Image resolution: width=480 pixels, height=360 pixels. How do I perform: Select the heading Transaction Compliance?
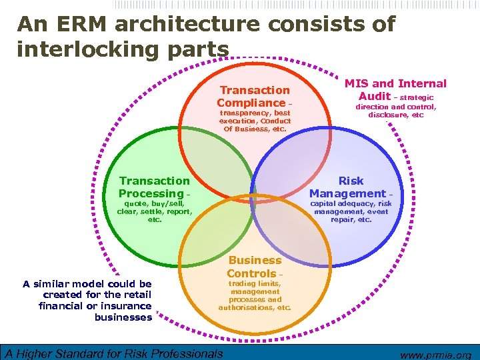[x=254, y=97]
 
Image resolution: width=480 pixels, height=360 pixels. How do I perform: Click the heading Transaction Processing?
[x=154, y=187]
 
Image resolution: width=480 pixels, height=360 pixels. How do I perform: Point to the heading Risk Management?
[x=351, y=187]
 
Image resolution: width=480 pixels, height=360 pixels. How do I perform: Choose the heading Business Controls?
[x=254, y=267]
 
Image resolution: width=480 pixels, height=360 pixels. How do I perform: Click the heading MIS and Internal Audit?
[x=395, y=89]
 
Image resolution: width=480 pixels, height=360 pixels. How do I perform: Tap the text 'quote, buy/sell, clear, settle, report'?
[x=154, y=211]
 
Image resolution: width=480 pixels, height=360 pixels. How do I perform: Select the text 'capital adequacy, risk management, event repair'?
[x=351, y=211]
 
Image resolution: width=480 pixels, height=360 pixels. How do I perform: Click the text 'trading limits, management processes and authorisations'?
[x=255, y=295]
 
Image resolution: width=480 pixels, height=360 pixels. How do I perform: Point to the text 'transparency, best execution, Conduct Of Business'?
[x=255, y=121]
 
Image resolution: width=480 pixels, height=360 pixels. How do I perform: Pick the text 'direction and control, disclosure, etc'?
[x=395, y=111]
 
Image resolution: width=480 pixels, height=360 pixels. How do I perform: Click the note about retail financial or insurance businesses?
[x=87, y=300]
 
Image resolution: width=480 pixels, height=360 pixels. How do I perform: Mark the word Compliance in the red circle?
[x=250, y=103]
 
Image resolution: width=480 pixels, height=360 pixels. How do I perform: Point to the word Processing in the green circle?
[x=150, y=193]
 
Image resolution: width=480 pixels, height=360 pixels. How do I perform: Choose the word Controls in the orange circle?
[x=251, y=273]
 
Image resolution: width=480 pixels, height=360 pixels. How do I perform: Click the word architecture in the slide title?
[x=189, y=25]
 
